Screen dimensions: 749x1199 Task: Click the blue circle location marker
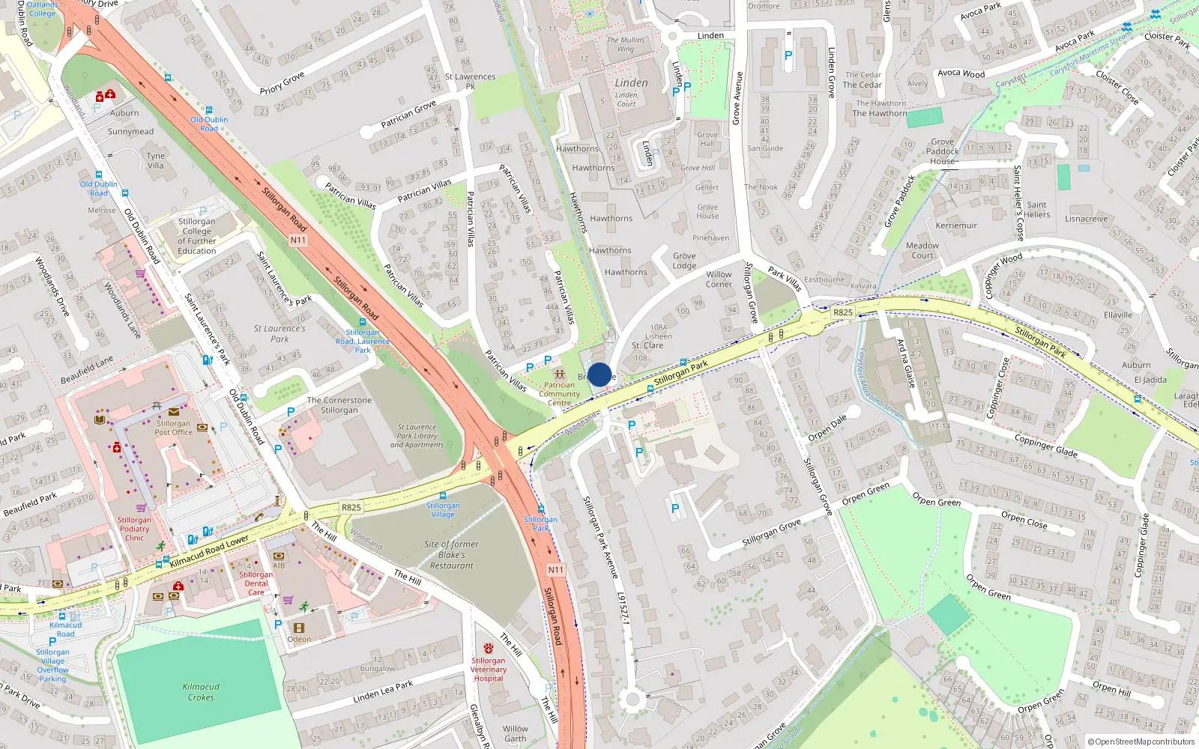click(599, 374)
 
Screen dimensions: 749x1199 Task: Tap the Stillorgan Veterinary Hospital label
click(489, 669)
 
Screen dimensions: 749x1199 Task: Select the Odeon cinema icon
click(299, 628)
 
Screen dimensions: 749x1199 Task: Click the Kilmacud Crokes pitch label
click(201, 691)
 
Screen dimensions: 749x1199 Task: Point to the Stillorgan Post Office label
click(174, 428)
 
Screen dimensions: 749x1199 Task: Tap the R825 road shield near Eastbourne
click(843, 312)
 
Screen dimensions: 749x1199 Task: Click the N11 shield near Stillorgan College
click(298, 240)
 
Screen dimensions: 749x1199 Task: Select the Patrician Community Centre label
click(559, 394)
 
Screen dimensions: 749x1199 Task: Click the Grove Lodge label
click(684, 261)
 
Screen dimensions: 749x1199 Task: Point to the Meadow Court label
click(922, 250)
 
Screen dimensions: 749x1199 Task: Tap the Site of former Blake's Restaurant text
click(451, 555)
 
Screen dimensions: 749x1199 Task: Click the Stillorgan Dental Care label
click(256, 583)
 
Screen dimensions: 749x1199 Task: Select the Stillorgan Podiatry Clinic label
click(134, 529)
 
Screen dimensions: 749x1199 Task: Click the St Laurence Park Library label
click(417, 436)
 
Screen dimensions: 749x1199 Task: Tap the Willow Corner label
click(719, 279)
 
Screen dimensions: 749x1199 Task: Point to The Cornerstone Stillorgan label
click(339, 405)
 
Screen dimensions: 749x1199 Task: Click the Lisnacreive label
click(1086, 219)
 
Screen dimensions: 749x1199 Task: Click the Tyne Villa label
click(155, 161)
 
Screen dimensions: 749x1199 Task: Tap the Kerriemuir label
click(956, 225)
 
